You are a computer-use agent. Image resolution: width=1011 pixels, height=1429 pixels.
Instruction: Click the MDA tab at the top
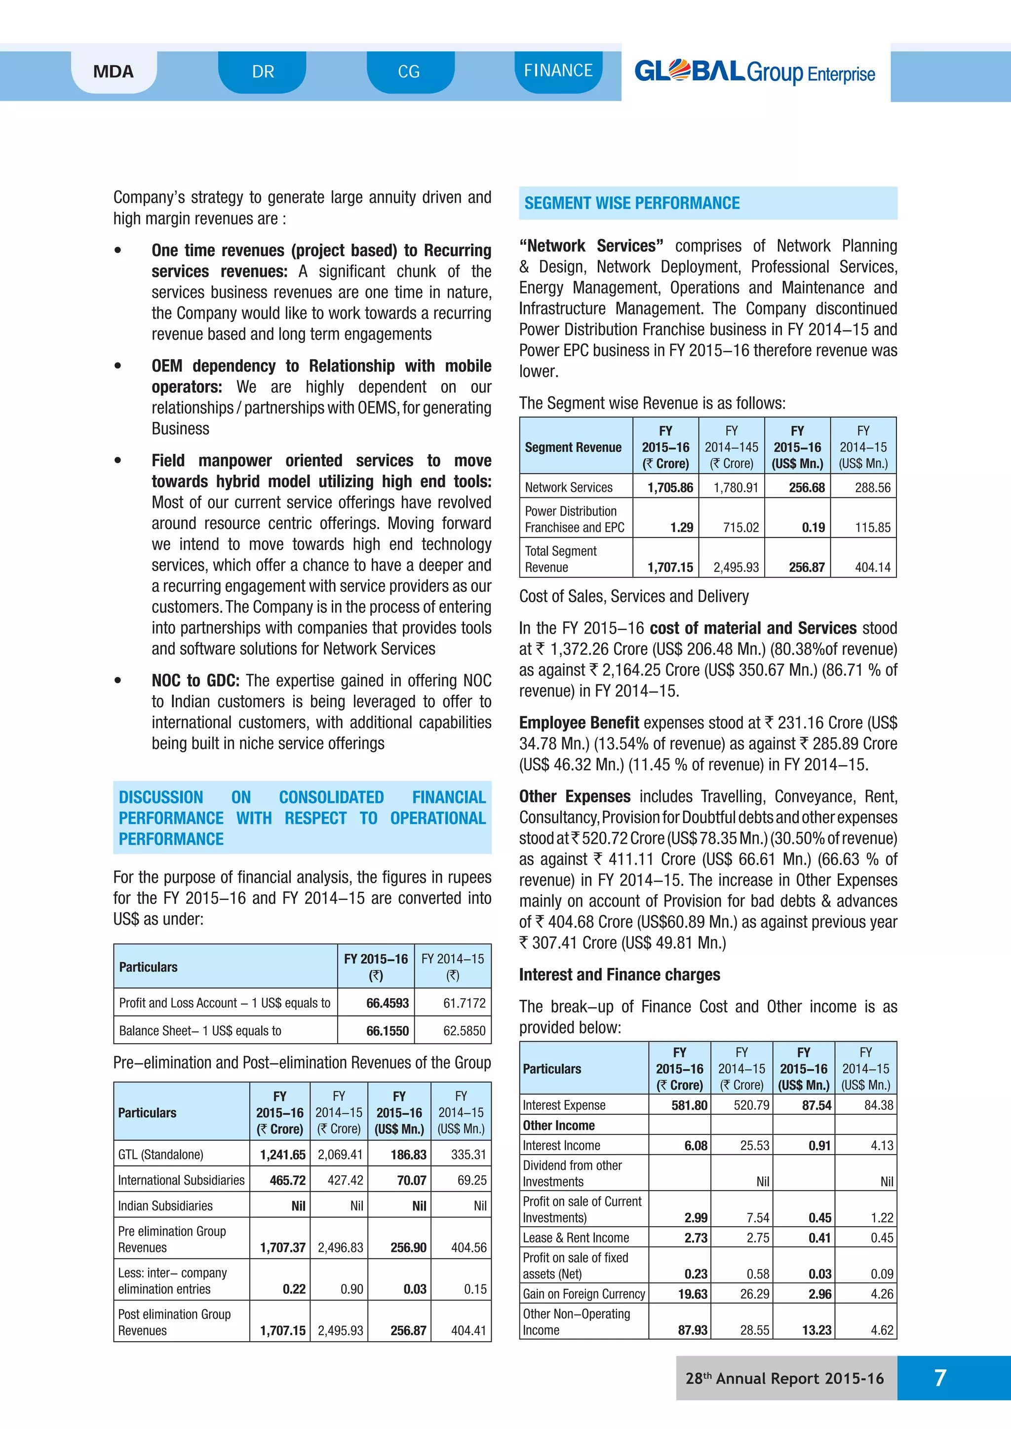click(x=114, y=72)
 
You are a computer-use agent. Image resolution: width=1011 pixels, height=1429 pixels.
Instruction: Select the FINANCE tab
click(x=558, y=71)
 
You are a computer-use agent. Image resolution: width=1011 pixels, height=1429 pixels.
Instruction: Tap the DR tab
click(x=263, y=72)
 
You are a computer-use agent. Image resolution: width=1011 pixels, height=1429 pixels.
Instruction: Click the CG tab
click(x=409, y=72)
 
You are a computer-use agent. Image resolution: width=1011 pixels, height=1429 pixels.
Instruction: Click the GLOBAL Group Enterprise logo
click(x=754, y=72)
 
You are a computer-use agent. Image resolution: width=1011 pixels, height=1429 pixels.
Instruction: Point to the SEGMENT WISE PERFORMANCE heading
click(x=632, y=203)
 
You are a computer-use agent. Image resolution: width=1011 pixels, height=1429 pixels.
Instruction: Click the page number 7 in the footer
click(x=940, y=1377)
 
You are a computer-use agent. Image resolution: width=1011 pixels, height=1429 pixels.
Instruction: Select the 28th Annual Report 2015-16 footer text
click(x=784, y=1378)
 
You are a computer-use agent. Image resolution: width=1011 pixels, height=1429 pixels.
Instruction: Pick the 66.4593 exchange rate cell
click(x=387, y=1003)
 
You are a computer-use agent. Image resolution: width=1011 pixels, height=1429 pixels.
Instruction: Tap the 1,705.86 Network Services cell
click(x=670, y=488)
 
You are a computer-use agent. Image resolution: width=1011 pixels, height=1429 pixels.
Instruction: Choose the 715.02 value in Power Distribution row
click(x=741, y=527)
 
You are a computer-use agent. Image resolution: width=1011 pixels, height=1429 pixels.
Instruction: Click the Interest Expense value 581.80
click(x=689, y=1105)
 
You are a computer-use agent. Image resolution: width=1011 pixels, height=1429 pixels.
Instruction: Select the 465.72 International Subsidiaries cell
click(x=288, y=1180)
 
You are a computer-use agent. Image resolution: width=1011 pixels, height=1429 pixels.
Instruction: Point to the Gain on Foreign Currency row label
click(x=583, y=1294)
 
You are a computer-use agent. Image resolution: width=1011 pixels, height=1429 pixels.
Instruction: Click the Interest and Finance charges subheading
click(x=620, y=975)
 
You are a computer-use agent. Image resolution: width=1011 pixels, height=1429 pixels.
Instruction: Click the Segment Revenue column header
click(x=573, y=447)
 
